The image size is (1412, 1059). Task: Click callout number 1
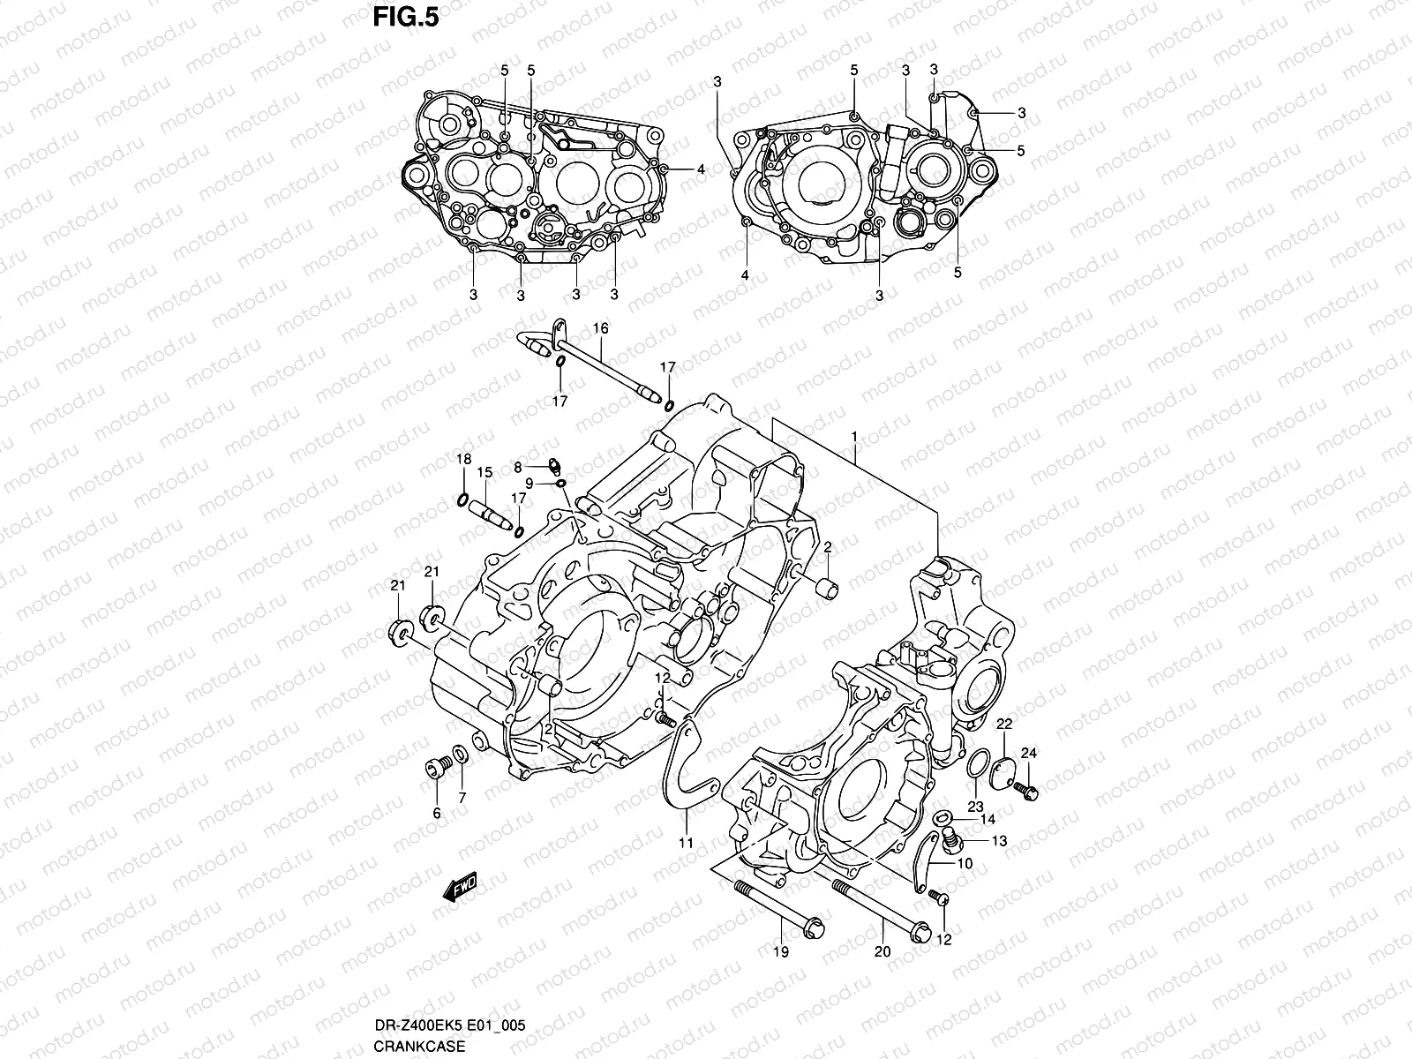[854, 437]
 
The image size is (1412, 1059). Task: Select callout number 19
[781, 952]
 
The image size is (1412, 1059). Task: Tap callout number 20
[882, 952]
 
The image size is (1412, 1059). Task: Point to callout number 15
[484, 473]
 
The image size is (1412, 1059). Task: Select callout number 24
[1029, 753]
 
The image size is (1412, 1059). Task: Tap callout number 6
[436, 814]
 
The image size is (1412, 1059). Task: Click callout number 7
[462, 798]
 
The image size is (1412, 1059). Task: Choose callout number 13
[999, 841]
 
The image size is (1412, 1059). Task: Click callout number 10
[965, 864]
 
